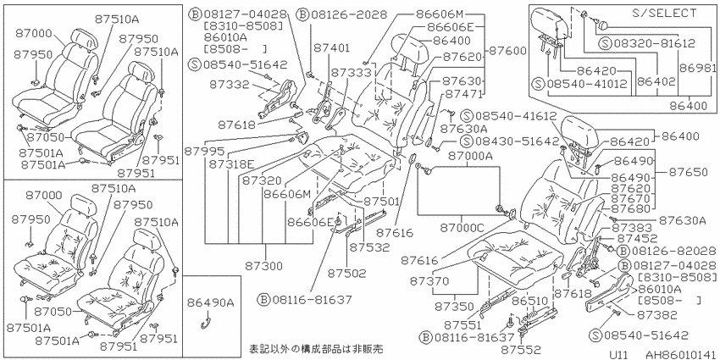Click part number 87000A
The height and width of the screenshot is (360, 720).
coord(471,157)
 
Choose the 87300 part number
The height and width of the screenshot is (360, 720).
coord(263,265)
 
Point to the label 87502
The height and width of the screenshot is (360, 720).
coord(346,274)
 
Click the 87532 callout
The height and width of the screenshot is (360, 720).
coord(368,247)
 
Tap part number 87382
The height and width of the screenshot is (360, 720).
coord(657,314)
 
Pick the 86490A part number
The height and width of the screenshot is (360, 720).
coord(211,302)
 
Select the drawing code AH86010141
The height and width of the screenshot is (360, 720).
coord(681,355)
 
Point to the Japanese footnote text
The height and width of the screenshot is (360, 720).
coord(316,348)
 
